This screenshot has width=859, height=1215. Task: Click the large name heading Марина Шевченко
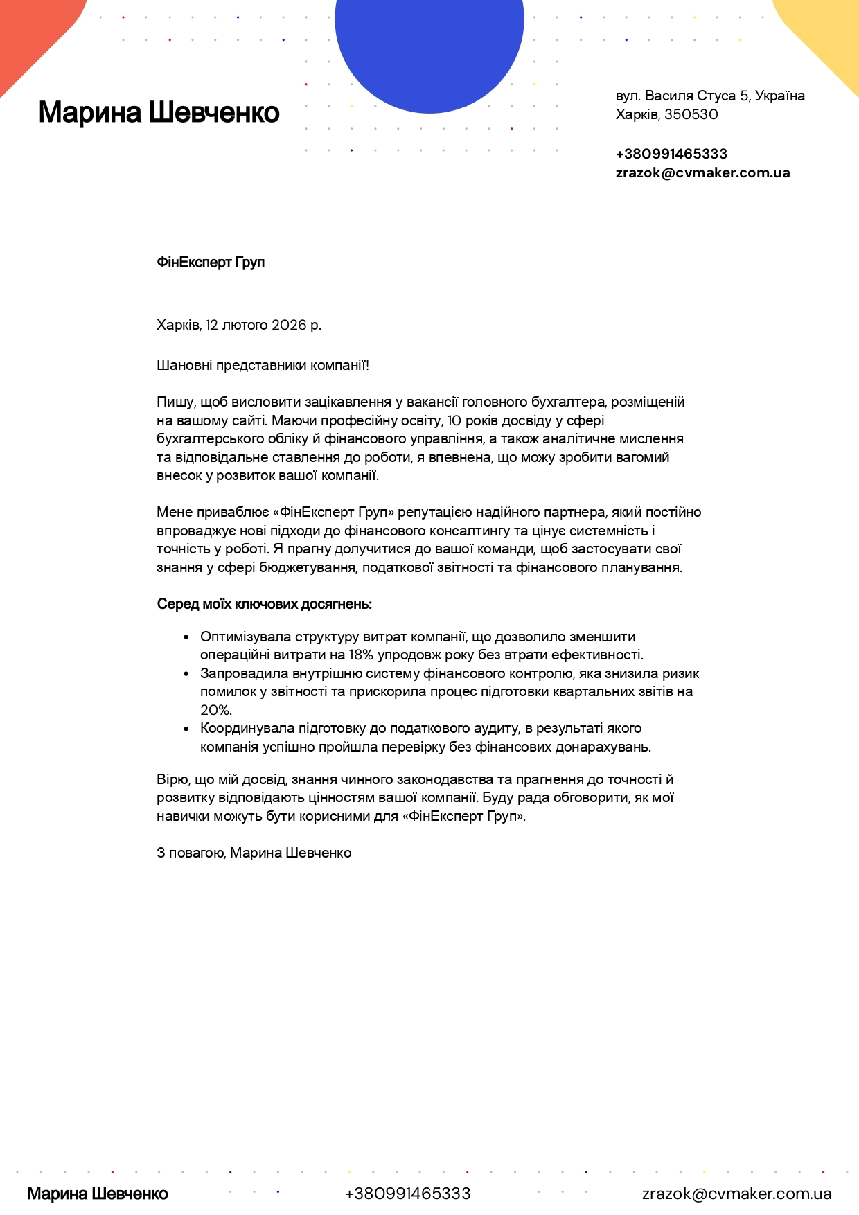159,112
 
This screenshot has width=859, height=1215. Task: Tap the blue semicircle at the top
429,48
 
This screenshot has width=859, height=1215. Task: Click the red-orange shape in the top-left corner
31,35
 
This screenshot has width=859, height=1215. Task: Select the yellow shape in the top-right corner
828,31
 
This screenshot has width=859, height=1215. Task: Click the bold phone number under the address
671,154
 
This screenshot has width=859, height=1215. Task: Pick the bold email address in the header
702,172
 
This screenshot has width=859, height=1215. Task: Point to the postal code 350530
691,114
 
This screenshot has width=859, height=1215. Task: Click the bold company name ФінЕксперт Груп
211,263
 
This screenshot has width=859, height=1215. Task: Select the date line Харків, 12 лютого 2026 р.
239,325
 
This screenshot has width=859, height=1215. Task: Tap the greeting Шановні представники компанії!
263,365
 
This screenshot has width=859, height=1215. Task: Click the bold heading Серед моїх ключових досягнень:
264,604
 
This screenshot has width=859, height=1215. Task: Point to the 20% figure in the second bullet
215,710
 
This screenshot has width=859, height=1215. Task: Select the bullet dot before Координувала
186,729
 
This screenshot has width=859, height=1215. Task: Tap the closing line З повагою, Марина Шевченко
254,853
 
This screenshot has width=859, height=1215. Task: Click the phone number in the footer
407,1194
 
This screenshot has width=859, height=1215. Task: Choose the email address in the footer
736,1194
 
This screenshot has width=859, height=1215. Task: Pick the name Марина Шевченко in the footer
98,1194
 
